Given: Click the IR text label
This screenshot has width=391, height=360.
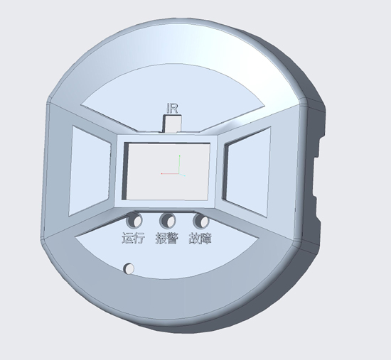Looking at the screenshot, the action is click(x=172, y=109).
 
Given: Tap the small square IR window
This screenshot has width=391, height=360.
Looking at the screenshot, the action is click(x=172, y=124).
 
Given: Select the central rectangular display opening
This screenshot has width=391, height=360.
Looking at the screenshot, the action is click(x=166, y=171).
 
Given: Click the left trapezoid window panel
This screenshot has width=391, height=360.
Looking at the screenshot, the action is click(x=90, y=170).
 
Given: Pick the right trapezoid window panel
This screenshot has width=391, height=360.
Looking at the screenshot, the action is click(x=247, y=172).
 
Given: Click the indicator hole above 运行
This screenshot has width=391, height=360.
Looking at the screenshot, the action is click(x=134, y=220).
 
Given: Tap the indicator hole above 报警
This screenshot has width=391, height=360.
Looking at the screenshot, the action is click(x=168, y=221).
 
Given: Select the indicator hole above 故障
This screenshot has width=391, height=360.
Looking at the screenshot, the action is click(x=201, y=221).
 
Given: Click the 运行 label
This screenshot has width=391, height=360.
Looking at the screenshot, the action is click(x=133, y=238).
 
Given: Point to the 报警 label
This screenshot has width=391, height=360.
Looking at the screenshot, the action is click(x=167, y=239).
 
